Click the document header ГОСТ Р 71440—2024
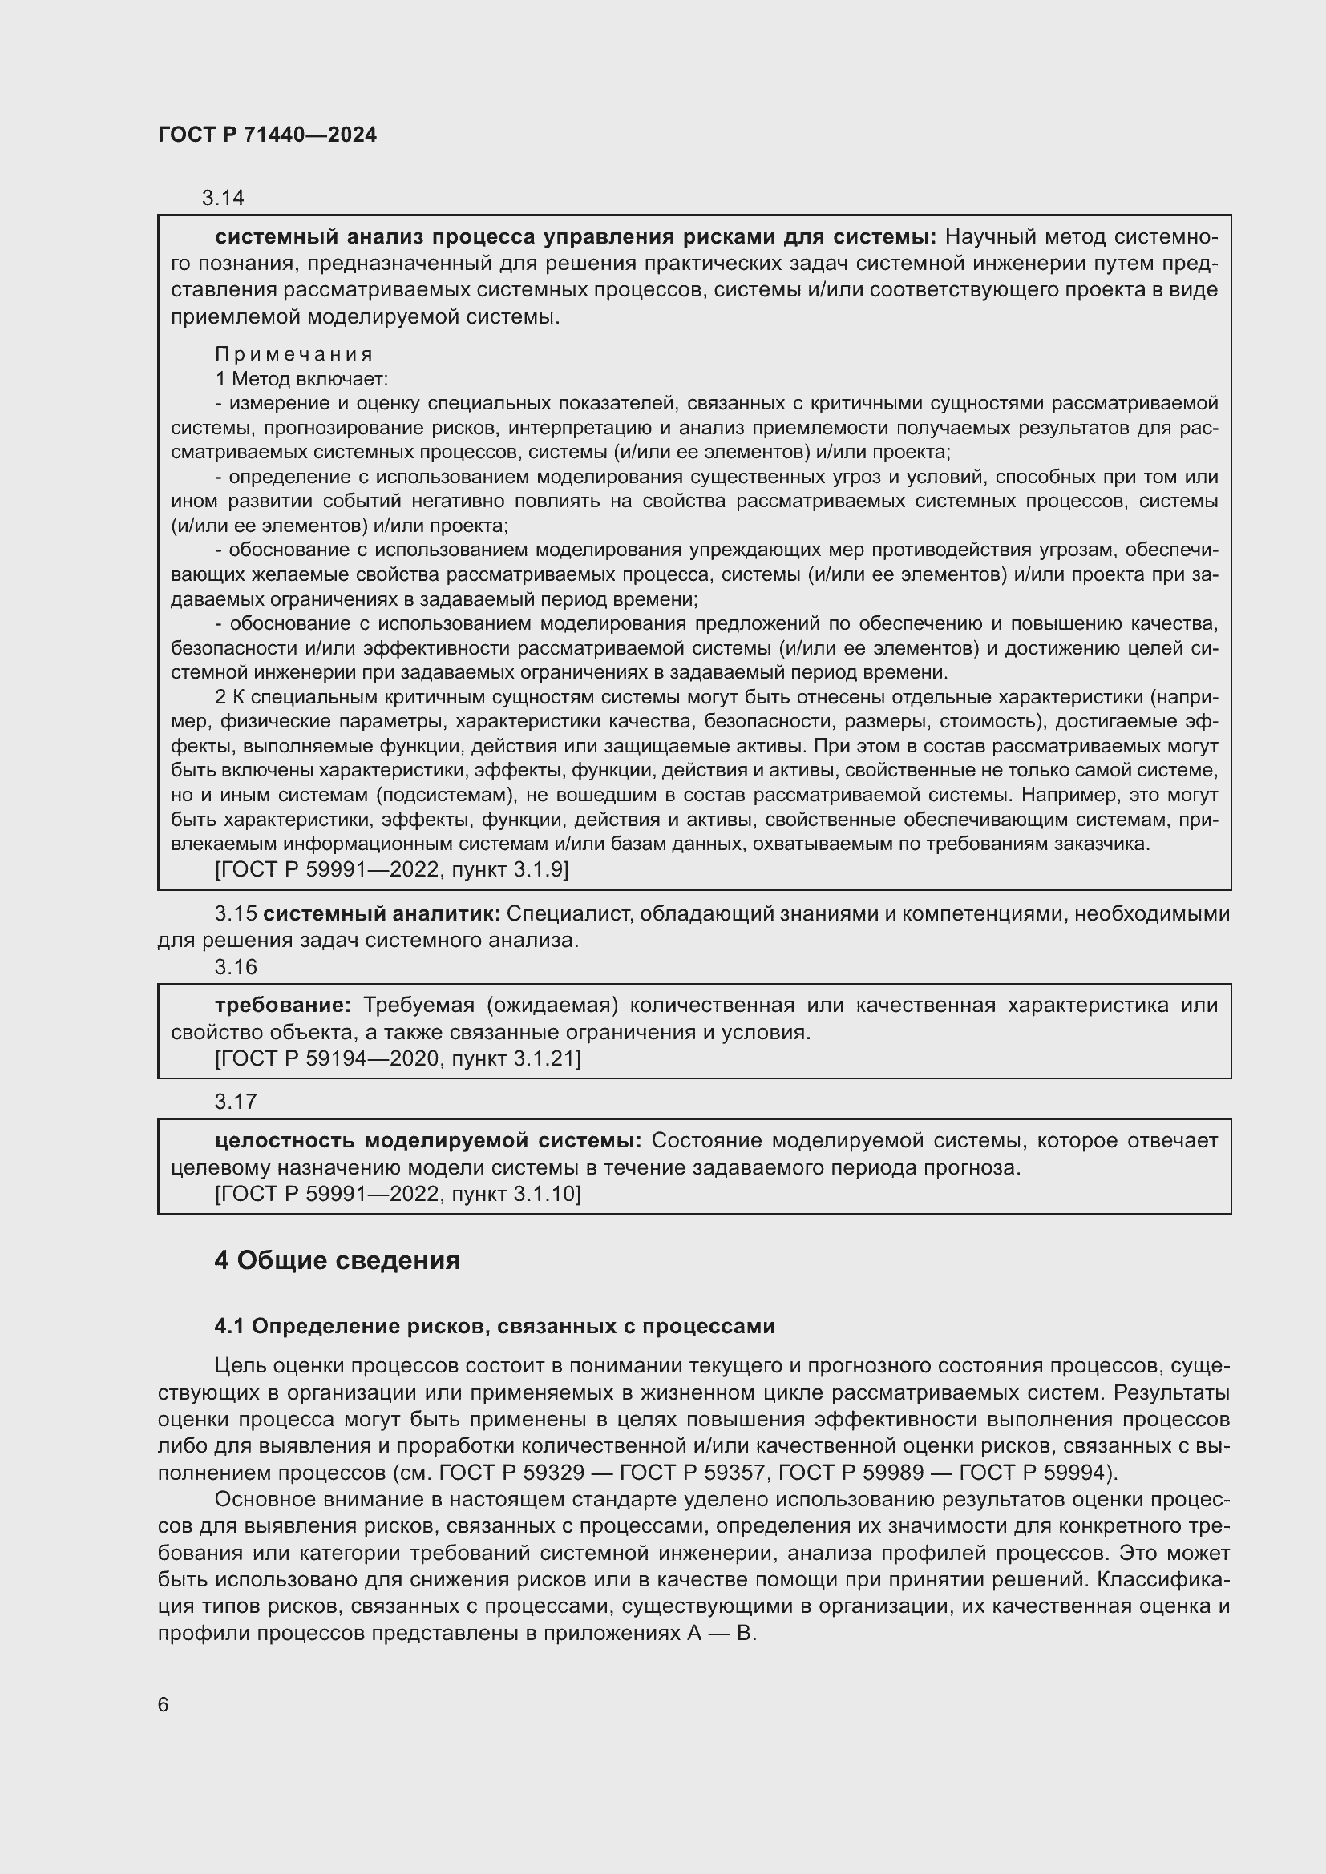click(267, 135)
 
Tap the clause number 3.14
click(223, 199)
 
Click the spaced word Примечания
click(294, 354)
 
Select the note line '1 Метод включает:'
click(301, 379)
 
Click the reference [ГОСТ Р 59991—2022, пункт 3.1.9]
click(391, 870)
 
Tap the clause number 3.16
click(235, 967)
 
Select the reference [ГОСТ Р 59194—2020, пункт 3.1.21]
click(398, 1059)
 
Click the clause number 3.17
click(235, 1102)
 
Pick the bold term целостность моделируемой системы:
click(428, 1140)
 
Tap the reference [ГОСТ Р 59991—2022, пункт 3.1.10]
click(398, 1195)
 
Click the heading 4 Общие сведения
click(338, 1261)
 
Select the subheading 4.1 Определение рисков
click(494, 1326)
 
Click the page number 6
click(164, 1705)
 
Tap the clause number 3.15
click(235, 914)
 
